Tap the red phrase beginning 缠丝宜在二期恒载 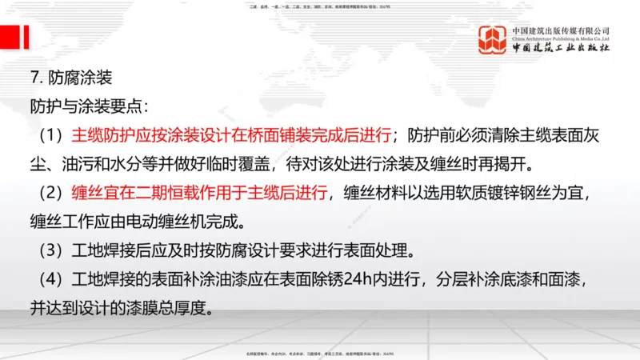click(x=200, y=193)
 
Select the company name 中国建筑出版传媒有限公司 click(x=561, y=30)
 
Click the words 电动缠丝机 click(x=160, y=221)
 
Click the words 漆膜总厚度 click(x=171, y=308)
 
